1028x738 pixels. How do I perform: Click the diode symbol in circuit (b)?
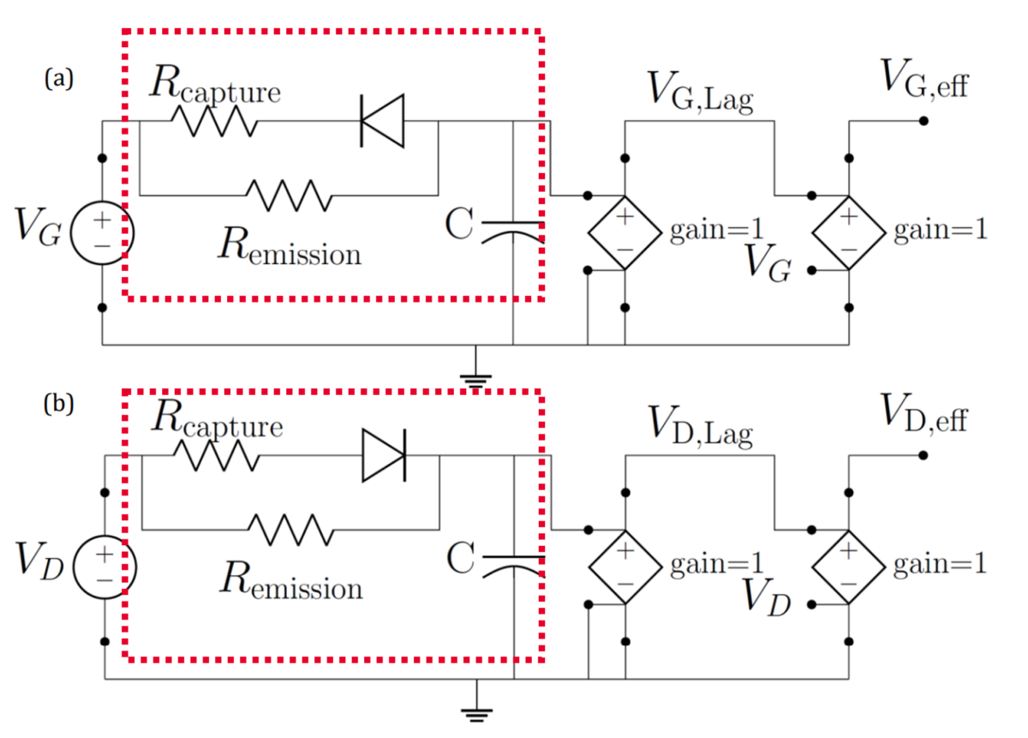point(383,455)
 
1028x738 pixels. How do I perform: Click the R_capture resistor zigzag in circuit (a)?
point(213,121)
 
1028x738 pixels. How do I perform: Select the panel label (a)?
point(59,79)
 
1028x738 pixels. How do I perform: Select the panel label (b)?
point(59,404)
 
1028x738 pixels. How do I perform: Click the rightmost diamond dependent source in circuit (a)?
point(848,232)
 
